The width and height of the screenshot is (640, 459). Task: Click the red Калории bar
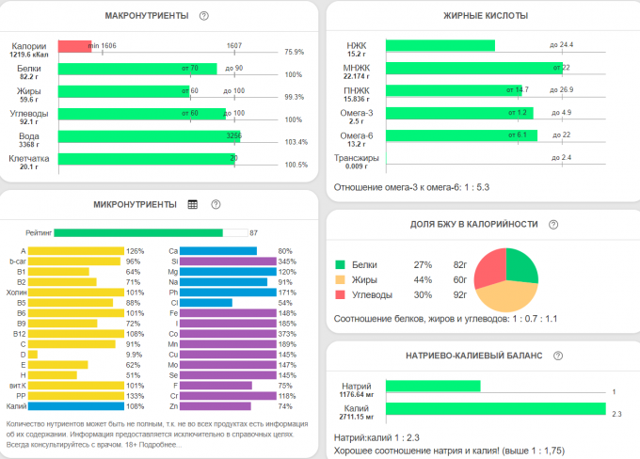74,46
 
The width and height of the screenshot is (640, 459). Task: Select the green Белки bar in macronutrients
136,69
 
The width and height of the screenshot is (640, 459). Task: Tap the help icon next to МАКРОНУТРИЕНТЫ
204,16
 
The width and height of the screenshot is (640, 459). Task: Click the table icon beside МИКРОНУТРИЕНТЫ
193,204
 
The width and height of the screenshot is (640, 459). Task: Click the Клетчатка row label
28,159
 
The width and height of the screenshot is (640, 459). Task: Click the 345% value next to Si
287,261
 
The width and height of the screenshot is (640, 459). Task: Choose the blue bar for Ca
217,251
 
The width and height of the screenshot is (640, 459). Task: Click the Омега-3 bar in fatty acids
459,113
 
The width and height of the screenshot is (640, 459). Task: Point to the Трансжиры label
357,158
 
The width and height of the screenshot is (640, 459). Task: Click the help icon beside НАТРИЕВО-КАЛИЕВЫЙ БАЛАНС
559,356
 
